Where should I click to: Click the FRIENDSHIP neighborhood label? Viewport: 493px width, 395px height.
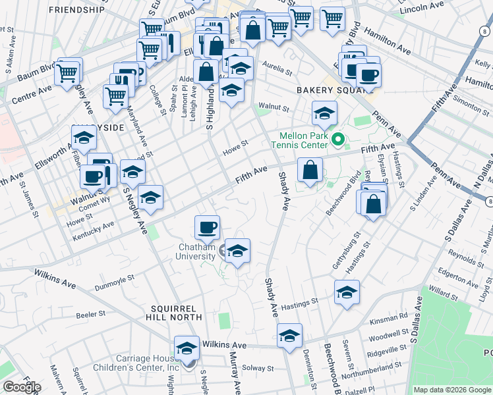76,10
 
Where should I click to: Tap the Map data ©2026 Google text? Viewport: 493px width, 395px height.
452,390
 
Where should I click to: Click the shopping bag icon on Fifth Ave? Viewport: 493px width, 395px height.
309,171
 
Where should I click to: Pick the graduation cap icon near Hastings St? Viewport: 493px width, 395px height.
347,292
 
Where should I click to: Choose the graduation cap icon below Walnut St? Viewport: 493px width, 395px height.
324,114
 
